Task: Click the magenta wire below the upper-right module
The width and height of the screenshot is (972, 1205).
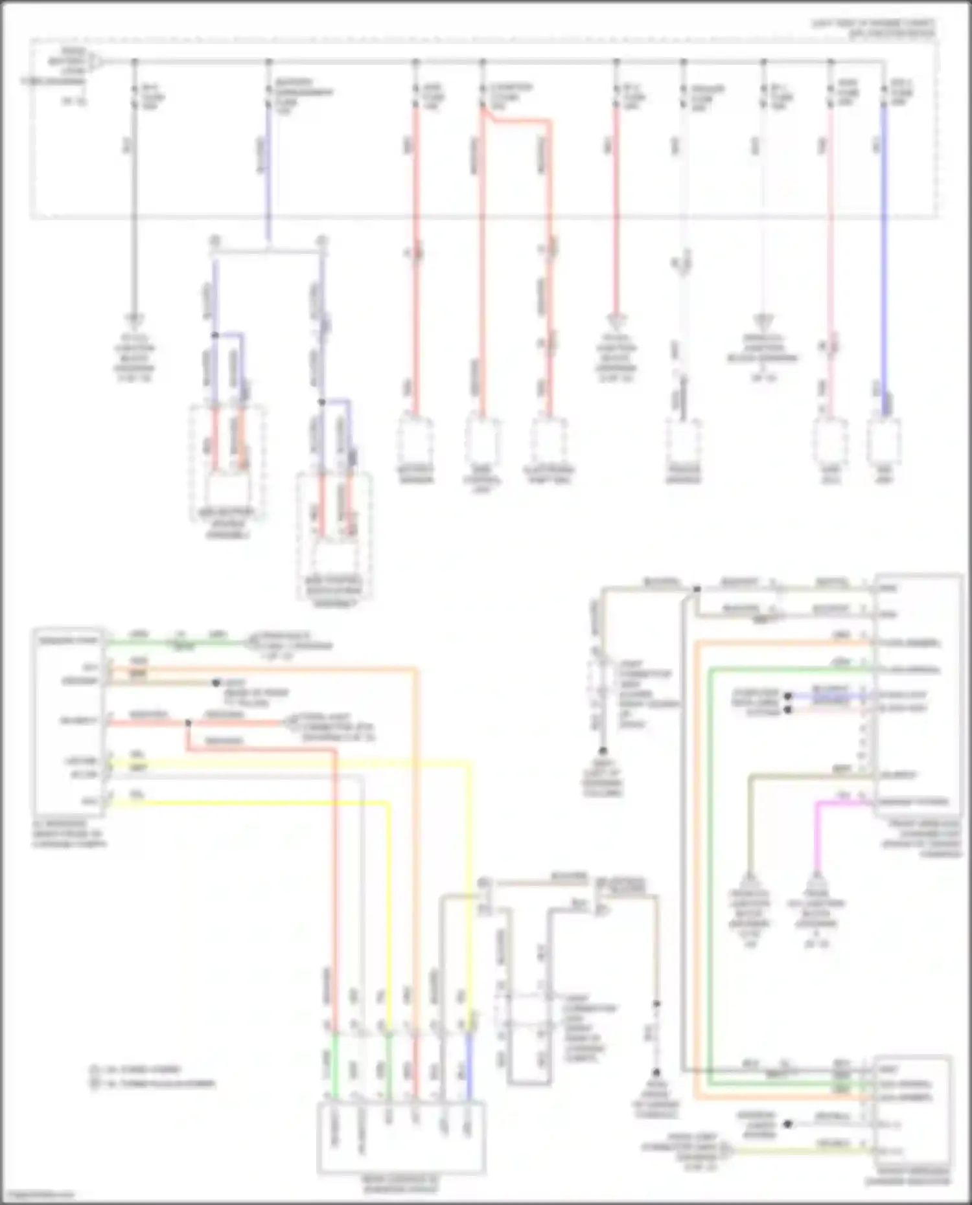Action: (817, 835)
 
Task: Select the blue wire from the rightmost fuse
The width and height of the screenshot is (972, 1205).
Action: (885, 259)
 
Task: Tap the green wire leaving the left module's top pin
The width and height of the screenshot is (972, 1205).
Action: (175, 643)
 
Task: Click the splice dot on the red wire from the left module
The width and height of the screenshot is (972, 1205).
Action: (188, 723)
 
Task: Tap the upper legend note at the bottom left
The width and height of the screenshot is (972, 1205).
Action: (136, 1069)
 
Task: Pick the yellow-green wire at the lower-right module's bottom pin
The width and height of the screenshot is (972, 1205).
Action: (804, 1151)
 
